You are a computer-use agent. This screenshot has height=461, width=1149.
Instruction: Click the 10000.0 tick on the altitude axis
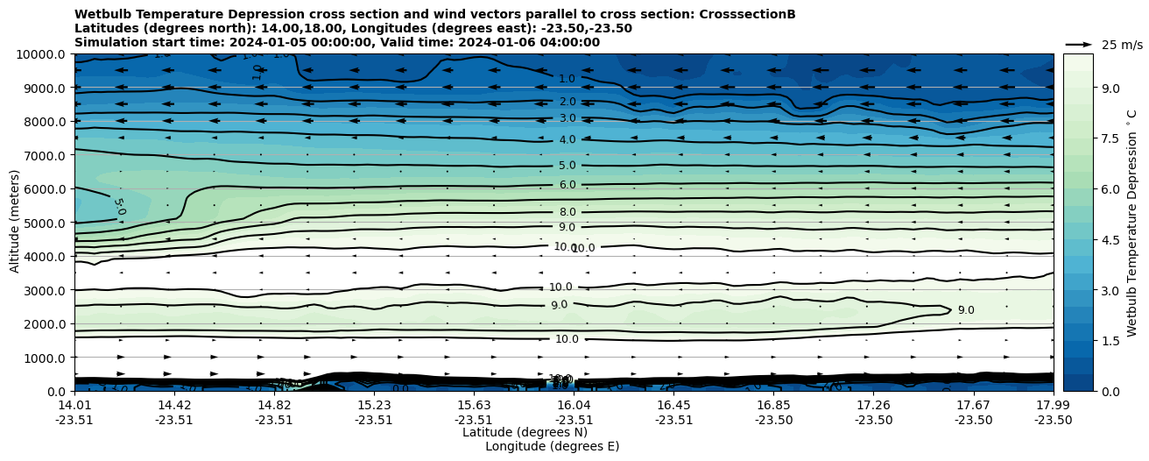point(41,54)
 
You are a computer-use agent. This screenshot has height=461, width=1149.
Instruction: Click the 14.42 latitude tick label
point(174,405)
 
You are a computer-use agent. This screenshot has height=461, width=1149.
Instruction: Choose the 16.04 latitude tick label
point(574,405)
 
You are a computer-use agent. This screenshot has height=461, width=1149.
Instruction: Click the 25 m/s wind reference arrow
point(1079,44)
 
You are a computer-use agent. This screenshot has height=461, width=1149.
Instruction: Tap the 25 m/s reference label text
point(1122,45)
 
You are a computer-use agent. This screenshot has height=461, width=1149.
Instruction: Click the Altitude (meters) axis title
point(15,223)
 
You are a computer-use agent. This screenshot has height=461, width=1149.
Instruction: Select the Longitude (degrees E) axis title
point(552,446)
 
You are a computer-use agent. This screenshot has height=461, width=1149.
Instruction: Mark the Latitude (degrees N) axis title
point(525,432)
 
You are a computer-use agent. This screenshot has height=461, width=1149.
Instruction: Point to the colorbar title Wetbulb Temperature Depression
point(1131,223)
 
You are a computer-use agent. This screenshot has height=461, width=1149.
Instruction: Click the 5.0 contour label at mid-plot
point(567,166)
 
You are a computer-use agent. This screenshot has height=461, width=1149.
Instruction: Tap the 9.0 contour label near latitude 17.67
point(965,310)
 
